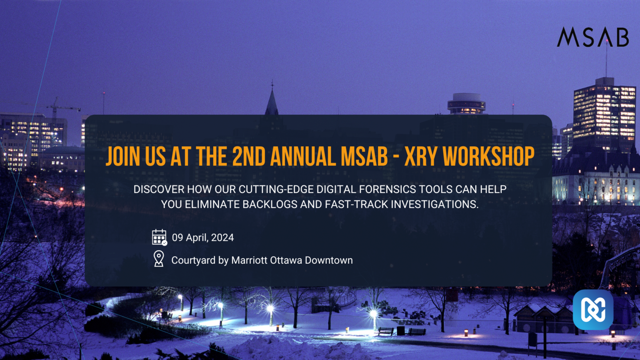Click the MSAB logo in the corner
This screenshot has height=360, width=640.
point(592,37)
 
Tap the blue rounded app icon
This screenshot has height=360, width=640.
point(592,310)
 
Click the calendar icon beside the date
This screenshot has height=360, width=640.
point(159,237)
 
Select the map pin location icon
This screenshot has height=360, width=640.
point(159,259)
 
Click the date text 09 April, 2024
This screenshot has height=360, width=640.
point(203,237)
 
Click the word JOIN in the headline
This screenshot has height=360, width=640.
point(123,157)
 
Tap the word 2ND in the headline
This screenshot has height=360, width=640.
point(249,157)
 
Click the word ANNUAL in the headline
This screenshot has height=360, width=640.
point(303,157)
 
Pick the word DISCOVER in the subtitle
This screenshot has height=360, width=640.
point(159,190)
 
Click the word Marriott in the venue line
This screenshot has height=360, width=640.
point(250,260)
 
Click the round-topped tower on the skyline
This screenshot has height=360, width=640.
point(466,103)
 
